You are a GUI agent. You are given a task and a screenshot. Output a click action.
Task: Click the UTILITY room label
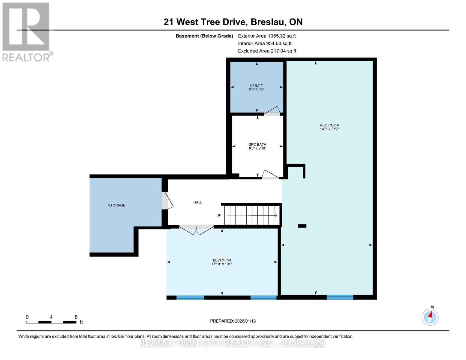257,85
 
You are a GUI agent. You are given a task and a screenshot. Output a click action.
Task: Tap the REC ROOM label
329,125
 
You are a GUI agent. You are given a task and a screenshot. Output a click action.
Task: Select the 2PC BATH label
257,145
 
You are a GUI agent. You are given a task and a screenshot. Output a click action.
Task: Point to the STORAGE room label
116,205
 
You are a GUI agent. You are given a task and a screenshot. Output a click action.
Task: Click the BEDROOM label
222,260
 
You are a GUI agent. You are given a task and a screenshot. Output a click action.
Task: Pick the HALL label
198,202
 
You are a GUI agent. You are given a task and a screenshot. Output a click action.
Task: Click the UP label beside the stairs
219,215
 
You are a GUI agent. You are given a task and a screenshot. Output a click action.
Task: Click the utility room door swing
272,111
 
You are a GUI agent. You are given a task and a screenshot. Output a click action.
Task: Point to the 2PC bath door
270,175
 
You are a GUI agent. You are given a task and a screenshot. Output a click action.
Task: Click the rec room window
340,297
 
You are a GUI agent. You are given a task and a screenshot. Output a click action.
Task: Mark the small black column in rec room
302,226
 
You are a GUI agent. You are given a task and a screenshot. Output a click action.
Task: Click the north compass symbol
430,317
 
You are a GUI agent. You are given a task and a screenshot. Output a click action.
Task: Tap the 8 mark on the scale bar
76,317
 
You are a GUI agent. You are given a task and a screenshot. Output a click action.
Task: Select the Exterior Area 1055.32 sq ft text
267,36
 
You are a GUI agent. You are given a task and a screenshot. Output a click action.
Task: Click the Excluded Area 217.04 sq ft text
267,51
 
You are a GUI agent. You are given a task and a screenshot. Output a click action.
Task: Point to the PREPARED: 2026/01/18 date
233,321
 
